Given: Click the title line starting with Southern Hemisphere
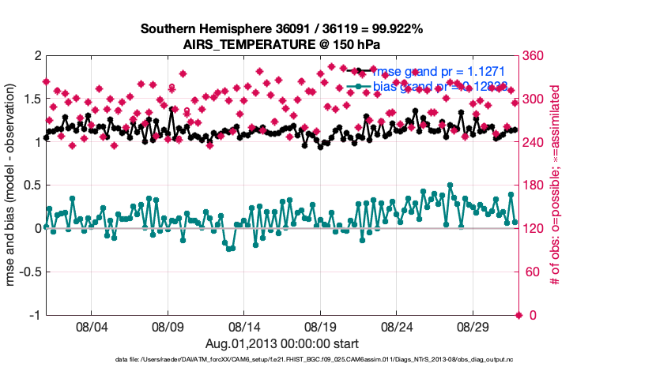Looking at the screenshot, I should (x=282, y=29).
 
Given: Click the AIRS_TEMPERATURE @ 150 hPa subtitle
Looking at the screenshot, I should (x=282, y=43).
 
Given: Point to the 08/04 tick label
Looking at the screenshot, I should (x=91, y=326).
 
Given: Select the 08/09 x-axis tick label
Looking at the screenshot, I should (x=168, y=326).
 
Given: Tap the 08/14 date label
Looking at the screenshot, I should (x=244, y=326).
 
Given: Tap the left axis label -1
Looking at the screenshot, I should (x=35, y=316).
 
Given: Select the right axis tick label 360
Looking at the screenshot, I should (x=535, y=56).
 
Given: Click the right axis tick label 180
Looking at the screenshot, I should (x=535, y=185).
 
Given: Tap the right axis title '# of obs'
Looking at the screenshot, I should (x=556, y=185).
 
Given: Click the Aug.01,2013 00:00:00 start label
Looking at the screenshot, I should (x=282, y=343).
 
